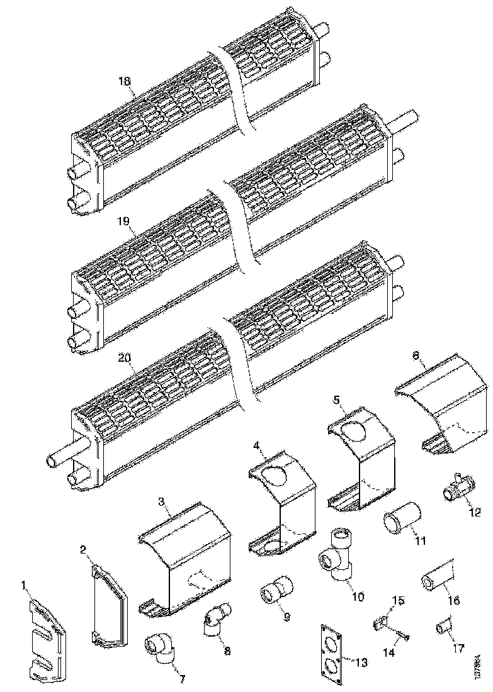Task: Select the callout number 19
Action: tap(123, 221)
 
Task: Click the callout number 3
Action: tap(161, 501)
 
